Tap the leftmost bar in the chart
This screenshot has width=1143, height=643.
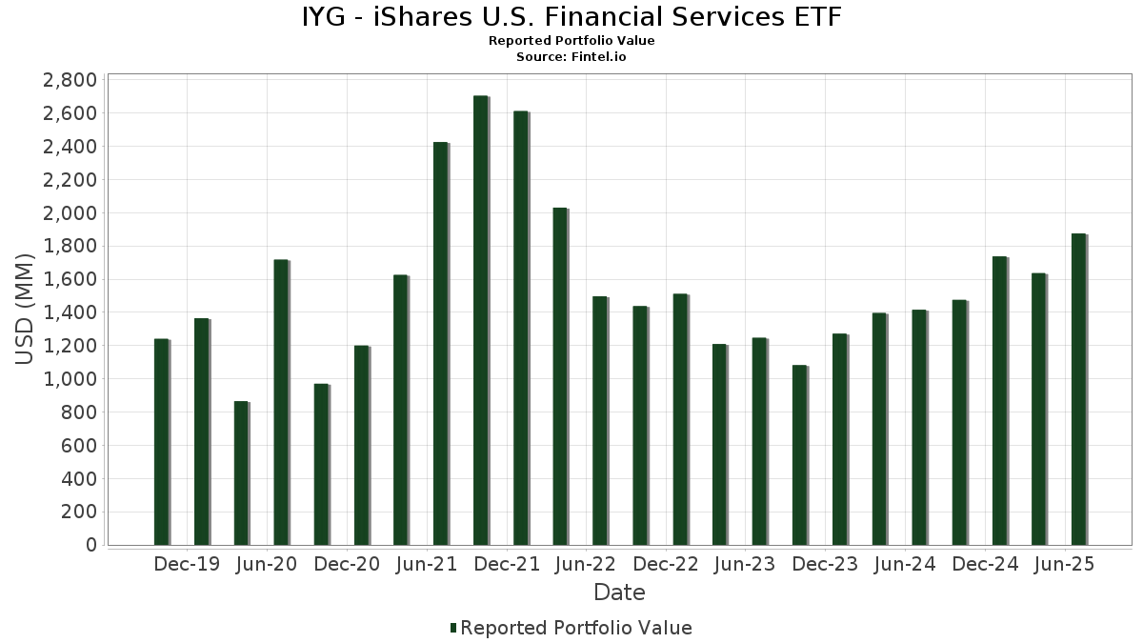pyautogui.click(x=161, y=442)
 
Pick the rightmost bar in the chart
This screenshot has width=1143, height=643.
pyautogui.click(x=1078, y=390)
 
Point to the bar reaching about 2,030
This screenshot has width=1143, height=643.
pyautogui.click(x=560, y=376)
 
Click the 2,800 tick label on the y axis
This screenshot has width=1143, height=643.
pyautogui.click(x=70, y=80)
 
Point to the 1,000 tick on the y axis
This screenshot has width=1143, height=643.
pyautogui.click(x=70, y=379)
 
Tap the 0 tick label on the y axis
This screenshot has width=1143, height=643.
pyautogui.click(x=90, y=545)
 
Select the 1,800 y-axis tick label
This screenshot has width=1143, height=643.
pyautogui.click(x=70, y=246)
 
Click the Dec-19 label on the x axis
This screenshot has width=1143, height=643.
pyautogui.click(x=187, y=564)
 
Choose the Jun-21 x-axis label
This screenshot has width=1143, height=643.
pyautogui.click(x=426, y=564)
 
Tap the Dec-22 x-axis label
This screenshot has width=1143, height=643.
pyautogui.click(x=666, y=564)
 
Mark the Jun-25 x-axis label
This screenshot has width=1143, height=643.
pyautogui.click(x=1065, y=564)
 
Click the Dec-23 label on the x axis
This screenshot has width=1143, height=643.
pyautogui.click(x=825, y=564)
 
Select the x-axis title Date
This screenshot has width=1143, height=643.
pyautogui.click(x=619, y=593)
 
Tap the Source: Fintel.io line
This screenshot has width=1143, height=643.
pyautogui.click(x=571, y=56)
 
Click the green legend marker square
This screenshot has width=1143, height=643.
pyautogui.click(x=453, y=628)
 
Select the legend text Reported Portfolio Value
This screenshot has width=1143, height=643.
pyautogui.click(x=575, y=628)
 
